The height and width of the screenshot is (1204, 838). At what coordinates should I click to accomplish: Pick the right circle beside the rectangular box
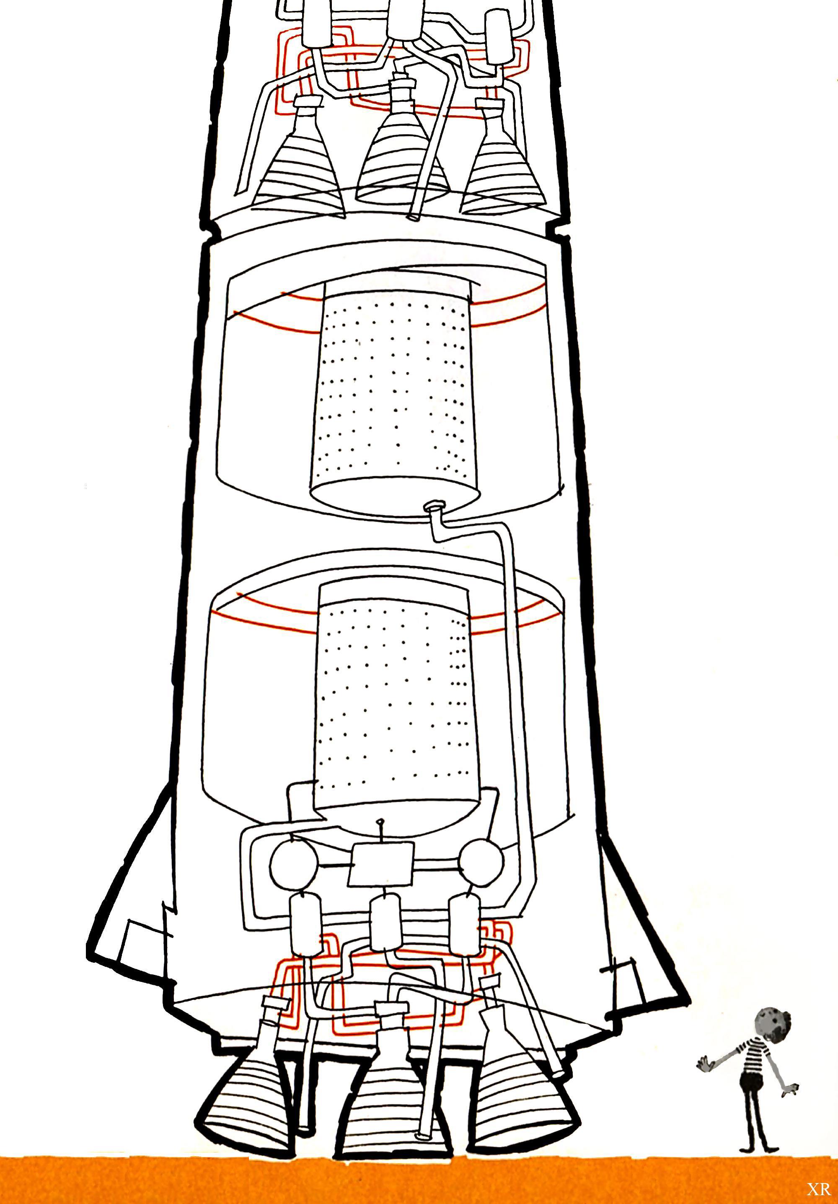[x=481, y=859]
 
